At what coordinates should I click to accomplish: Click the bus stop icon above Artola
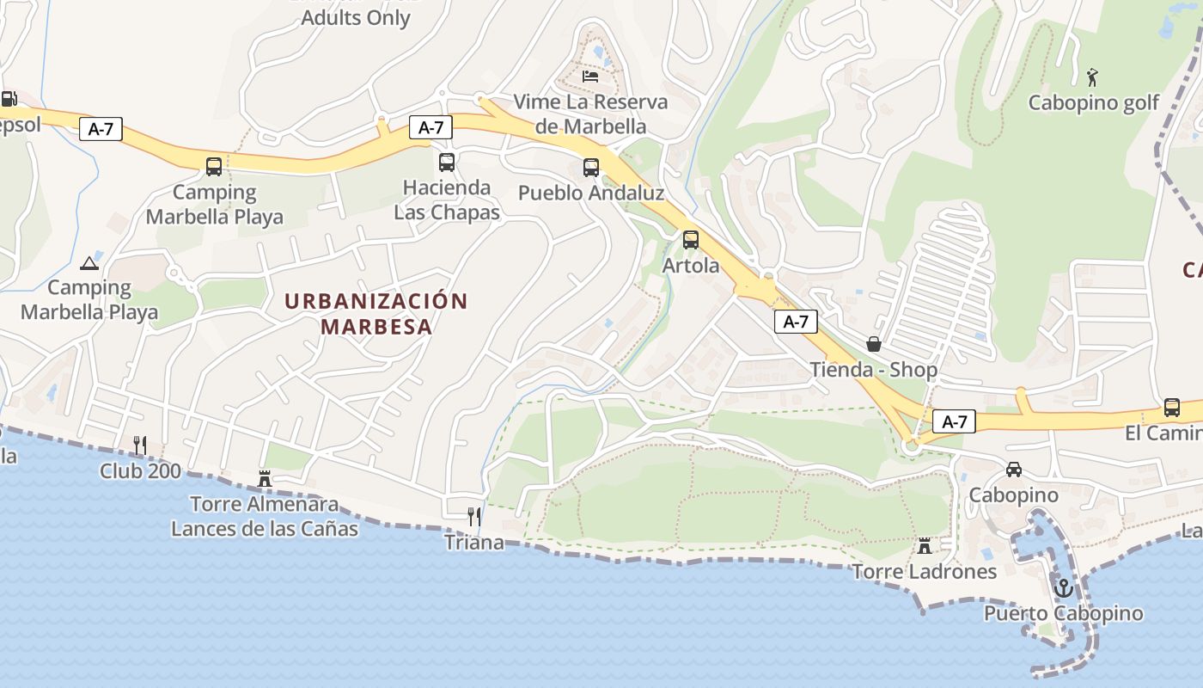(x=691, y=240)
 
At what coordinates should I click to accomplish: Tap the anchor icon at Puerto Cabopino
(x=1064, y=588)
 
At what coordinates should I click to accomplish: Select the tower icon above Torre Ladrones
(x=925, y=546)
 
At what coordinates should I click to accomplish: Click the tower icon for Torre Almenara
(x=265, y=478)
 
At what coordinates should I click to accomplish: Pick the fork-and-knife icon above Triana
(x=473, y=516)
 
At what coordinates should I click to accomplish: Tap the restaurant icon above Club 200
(x=140, y=445)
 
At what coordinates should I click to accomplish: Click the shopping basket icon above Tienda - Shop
(x=874, y=344)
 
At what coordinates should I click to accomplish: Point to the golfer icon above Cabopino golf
(x=1092, y=77)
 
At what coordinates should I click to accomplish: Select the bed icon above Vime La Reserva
(x=590, y=76)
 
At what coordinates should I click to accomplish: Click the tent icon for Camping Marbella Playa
(x=89, y=263)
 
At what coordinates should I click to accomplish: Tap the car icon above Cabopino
(x=1014, y=470)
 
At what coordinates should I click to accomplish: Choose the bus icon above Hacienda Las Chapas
(x=447, y=162)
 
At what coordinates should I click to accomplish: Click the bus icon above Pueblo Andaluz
(x=591, y=168)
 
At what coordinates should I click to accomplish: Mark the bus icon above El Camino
(x=1171, y=408)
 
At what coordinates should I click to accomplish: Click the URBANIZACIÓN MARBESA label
(x=376, y=314)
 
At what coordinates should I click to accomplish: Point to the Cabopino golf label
(x=1094, y=103)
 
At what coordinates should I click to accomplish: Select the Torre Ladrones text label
(x=925, y=572)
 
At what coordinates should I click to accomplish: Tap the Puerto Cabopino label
(x=1064, y=613)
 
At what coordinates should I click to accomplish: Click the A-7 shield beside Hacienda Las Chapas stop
(x=431, y=127)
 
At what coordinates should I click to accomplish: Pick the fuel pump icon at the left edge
(x=9, y=99)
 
